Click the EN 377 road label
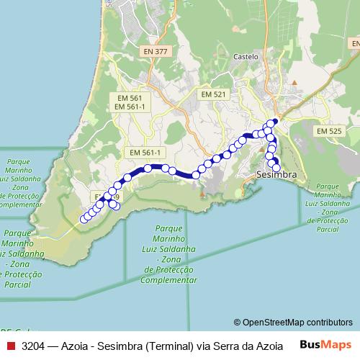[x=156, y=52]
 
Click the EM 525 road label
[x=330, y=131]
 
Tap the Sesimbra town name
[x=276, y=176]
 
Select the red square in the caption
[x=9, y=346]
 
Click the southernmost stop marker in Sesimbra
[x=276, y=168]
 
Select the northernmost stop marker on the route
[x=273, y=122]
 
